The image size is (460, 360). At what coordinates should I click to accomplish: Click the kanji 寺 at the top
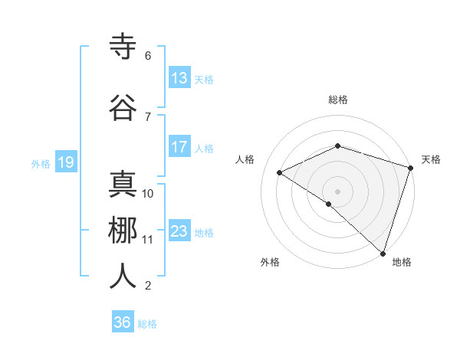[123, 47]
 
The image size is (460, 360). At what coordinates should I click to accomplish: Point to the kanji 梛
[123, 231]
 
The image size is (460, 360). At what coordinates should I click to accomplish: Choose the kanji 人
[123, 277]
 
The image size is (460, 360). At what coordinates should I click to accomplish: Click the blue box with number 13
[179, 77]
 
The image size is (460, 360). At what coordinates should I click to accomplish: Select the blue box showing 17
[179, 146]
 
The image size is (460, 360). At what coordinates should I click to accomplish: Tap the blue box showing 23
[179, 231]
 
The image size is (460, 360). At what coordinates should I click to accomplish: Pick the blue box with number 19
[65, 162]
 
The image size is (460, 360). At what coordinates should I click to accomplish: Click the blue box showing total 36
[123, 322]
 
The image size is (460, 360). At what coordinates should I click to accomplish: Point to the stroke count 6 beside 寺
[148, 56]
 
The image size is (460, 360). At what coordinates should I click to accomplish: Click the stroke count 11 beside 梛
[148, 240]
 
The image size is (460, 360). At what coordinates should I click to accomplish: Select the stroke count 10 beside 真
[148, 194]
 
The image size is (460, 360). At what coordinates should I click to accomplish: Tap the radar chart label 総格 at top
[338, 100]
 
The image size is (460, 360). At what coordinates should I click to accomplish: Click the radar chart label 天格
[431, 159]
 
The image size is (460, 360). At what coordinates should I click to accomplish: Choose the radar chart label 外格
[270, 262]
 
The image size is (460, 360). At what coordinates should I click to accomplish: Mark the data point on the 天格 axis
[410, 168]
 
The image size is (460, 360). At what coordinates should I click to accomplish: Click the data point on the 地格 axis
[383, 253]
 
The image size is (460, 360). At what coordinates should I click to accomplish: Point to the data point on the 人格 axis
[280, 172]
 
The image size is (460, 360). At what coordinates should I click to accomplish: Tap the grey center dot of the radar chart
[337, 190]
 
